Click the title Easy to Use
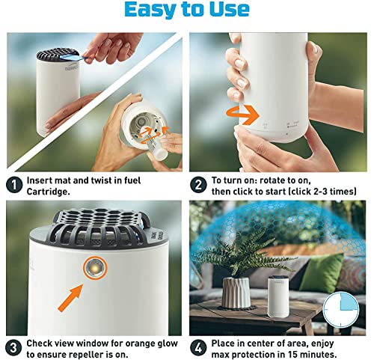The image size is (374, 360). pos(187,10)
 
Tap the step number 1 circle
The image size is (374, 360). pos(14,185)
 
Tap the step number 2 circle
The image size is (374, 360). pos(198,185)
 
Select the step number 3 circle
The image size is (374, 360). pos(14,348)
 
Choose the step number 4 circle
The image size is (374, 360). pos(198,348)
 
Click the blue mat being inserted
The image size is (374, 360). pos(73,58)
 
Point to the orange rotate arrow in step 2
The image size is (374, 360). pos(242,115)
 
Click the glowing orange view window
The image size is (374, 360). pos(96,268)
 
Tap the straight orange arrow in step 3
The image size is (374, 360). pos(70,299)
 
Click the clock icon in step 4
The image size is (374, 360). pos(340,310)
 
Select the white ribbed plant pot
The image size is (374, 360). pos(236,293)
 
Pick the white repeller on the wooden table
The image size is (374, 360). pos(278,296)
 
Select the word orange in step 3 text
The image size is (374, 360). pos(140,344)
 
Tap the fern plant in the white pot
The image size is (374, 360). pos(241,256)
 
